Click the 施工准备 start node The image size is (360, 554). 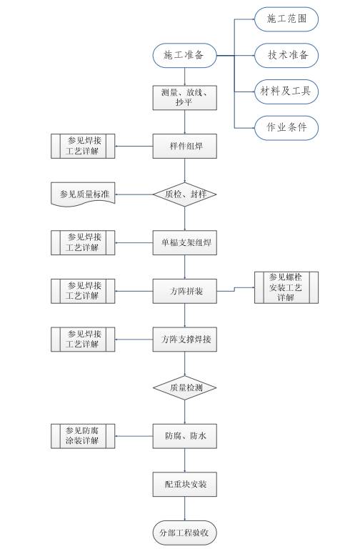(185, 56)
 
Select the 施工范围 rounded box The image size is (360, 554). (286, 19)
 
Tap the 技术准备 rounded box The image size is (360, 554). (286, 56)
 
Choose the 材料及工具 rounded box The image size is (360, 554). (286, 91)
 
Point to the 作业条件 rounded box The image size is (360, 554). (286, 128)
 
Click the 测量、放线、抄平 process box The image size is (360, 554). (185, 97)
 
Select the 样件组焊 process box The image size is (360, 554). (185, 147)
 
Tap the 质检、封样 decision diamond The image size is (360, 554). (185, 194)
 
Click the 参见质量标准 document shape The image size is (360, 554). (84, 194)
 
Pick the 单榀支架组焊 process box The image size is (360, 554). (185, 242)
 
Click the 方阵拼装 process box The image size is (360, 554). (185, 291)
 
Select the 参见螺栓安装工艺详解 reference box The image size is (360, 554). (286, 287)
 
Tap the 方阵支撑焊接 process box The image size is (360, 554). (185, 340)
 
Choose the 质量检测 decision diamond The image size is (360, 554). (185, 387)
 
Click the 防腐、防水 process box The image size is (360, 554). (185, 436)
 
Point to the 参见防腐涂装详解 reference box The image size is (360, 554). (84, 436)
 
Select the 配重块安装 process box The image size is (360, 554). (185, 485)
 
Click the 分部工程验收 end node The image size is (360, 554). (185, 533)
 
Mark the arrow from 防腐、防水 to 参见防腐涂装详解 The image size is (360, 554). (135, 436)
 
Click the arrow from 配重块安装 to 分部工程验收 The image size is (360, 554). (185, 509)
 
